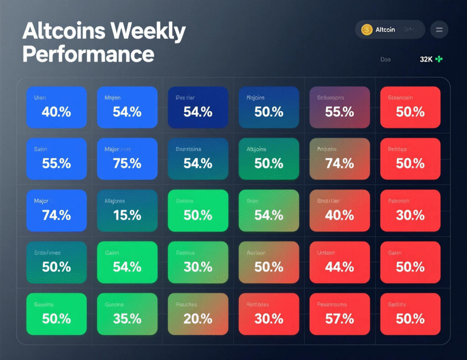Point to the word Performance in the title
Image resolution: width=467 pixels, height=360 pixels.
[88, 54]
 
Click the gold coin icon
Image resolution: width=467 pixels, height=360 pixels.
[367, 30]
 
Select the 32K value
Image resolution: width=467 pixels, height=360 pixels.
[426, 59]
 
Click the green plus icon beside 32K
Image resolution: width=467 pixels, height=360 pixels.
[439, 59]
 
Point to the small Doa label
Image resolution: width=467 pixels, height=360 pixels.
[385, 59]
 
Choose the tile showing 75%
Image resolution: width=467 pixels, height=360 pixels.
[127, 159]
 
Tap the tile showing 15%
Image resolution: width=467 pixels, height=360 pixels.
[127, 210]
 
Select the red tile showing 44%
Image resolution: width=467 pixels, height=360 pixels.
[340, 262]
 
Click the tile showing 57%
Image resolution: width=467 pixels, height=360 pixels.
[340, 314]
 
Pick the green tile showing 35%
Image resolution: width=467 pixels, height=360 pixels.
[127, 314]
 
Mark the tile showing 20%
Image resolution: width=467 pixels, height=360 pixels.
[198, 314]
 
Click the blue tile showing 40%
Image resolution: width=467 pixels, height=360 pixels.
[57, 107]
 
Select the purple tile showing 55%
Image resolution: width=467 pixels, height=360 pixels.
[340, 107]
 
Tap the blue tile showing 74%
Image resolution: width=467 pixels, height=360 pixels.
[57, 210]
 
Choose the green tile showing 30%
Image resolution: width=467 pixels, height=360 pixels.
[198, 262]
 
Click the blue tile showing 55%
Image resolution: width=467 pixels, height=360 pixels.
[57, 159]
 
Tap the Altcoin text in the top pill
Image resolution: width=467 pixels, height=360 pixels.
[385, 30]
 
